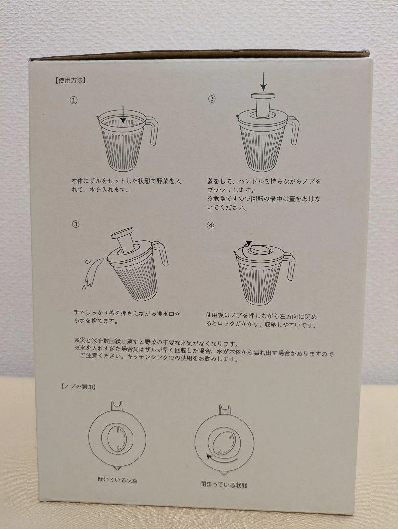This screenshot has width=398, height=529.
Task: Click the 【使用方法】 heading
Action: (70, 80)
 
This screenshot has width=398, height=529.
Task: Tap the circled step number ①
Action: (74, 100)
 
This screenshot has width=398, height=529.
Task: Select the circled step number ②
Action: (212, 99)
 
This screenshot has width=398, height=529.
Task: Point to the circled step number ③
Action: (76, 224)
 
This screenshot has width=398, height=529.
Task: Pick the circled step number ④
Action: (211, 225)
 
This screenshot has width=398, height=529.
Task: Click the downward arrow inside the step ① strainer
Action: (123, 114)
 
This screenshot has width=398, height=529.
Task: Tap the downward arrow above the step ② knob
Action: (264, 82)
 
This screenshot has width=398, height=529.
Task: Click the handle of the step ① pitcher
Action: (152, 130)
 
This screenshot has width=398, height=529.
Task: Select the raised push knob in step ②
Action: (263, 105)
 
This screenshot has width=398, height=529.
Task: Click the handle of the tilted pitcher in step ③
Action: (161, 253)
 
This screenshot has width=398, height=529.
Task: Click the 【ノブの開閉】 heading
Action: (78, 386)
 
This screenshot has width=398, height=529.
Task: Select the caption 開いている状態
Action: (117, 480)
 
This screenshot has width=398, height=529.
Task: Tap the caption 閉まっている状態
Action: (224, 485)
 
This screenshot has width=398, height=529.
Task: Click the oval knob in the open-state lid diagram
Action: (117, 438)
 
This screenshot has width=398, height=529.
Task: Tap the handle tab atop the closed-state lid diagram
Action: (225, 409)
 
